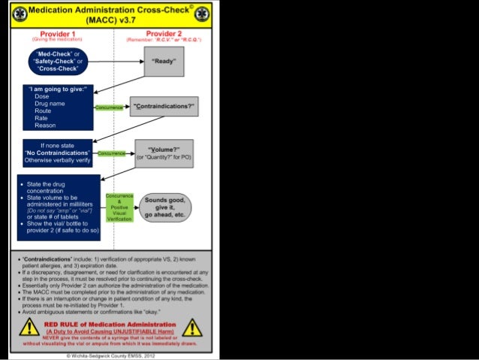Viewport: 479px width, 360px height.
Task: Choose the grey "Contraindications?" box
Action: point(164,107)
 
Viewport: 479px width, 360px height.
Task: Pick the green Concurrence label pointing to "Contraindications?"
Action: point(109,108)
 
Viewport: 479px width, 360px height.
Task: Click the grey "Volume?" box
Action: point(164,153)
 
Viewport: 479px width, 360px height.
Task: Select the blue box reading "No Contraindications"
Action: point(57,153)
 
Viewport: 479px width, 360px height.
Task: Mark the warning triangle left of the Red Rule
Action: point(29,327)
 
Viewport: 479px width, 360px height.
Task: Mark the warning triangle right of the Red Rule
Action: point(192,327)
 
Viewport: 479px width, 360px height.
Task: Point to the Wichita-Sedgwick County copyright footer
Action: point(110,354)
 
